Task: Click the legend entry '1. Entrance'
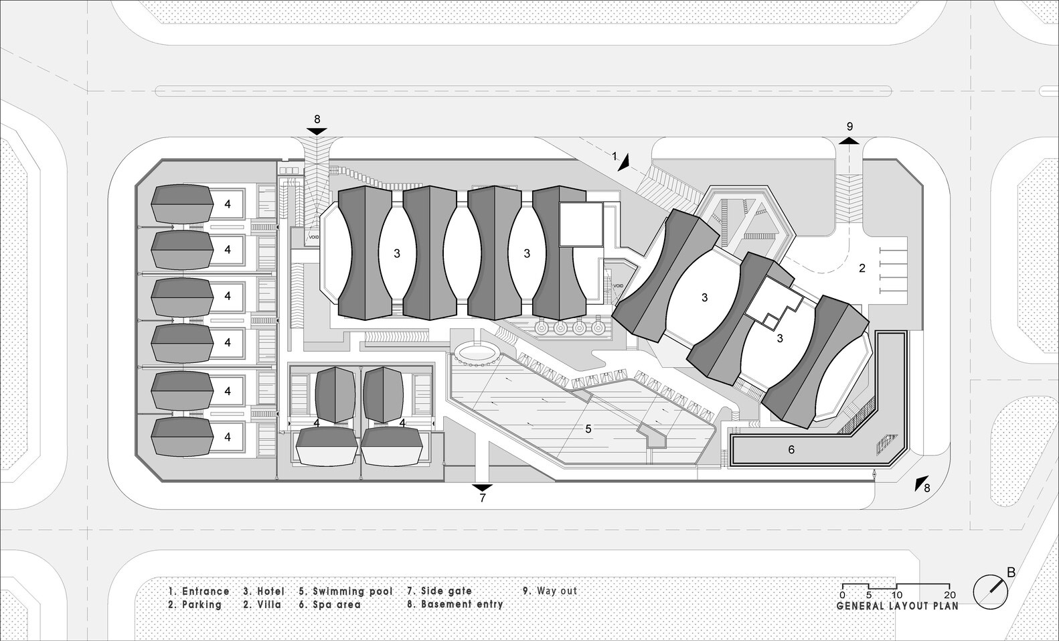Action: (199, 591)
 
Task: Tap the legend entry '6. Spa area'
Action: (329, 604)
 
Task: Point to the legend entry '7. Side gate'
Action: (439, 591)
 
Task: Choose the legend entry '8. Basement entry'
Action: (455, 604)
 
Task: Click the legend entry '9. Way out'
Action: (550, 591)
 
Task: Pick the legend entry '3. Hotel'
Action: (264, 591)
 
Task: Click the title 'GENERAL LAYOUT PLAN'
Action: (897, 606)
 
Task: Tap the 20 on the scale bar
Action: (950, 595)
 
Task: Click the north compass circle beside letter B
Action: (990, 593)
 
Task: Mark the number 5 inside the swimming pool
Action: (588, 429)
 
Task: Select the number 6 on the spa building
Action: (791, 450)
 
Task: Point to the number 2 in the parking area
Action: (862, 269)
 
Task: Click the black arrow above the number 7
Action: (482, 486)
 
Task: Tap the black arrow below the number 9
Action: (849, 141)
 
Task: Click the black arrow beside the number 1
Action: (625, 161)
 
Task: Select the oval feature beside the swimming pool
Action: (477, 352)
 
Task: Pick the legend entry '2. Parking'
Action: (195, 604)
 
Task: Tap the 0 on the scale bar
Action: (842, 595)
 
